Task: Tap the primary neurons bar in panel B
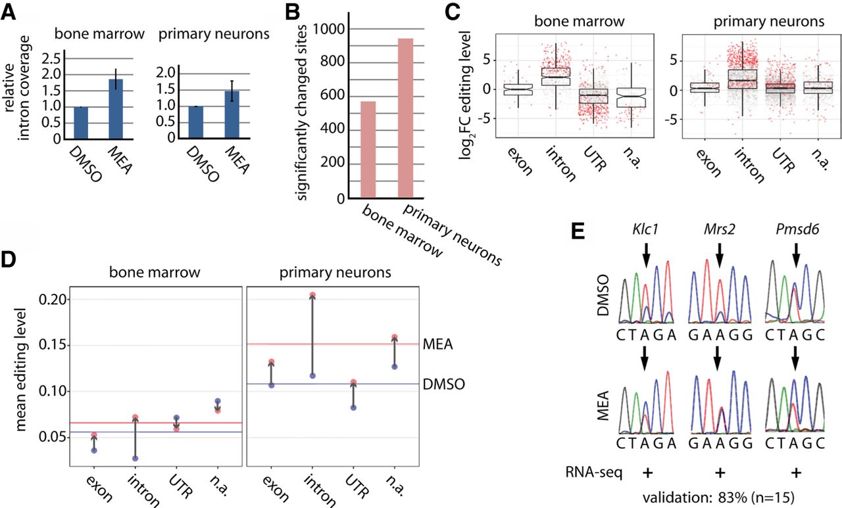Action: pos(405,118)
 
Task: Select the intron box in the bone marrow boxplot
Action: pos(560,76)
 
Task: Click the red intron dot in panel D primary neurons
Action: pos(312,295)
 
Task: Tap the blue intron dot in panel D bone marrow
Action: pos(135,458)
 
